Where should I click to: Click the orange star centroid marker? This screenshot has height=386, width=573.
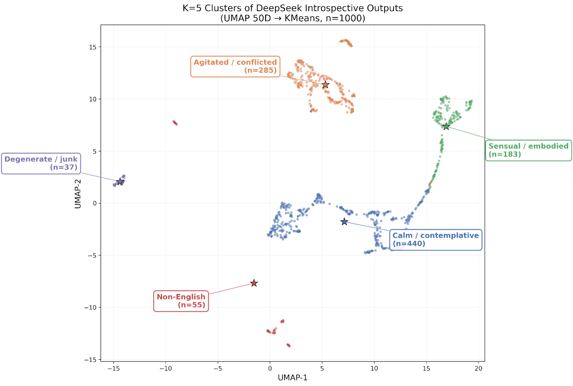coord(325,85)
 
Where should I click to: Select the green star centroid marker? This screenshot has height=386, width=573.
coord(446,126)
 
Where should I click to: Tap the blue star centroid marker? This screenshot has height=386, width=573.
coord(344,222)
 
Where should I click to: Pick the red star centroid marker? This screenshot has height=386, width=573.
coord(254,283)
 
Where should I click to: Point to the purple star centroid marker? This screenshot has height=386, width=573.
coord(120,182)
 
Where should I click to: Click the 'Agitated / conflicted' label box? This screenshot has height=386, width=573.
coord(235,67)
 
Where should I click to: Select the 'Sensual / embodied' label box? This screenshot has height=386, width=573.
coord(528,150)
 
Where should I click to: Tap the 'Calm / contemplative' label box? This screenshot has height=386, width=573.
coord(435,240)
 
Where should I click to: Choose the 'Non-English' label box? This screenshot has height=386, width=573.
coord(181,301)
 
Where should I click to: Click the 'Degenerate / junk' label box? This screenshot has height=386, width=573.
coord(41,163)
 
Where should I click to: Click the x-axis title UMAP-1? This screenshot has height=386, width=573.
coord(293,378)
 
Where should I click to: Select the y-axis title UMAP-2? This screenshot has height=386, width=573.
coord(78,194)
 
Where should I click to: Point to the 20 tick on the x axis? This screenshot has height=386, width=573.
coord(478,368)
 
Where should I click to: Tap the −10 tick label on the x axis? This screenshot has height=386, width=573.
coord(165,368)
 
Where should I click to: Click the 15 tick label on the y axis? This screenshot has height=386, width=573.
coord(93,47)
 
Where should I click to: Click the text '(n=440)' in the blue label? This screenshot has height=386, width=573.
coord(409,244)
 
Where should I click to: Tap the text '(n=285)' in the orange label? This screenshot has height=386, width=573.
coord(260,70)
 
